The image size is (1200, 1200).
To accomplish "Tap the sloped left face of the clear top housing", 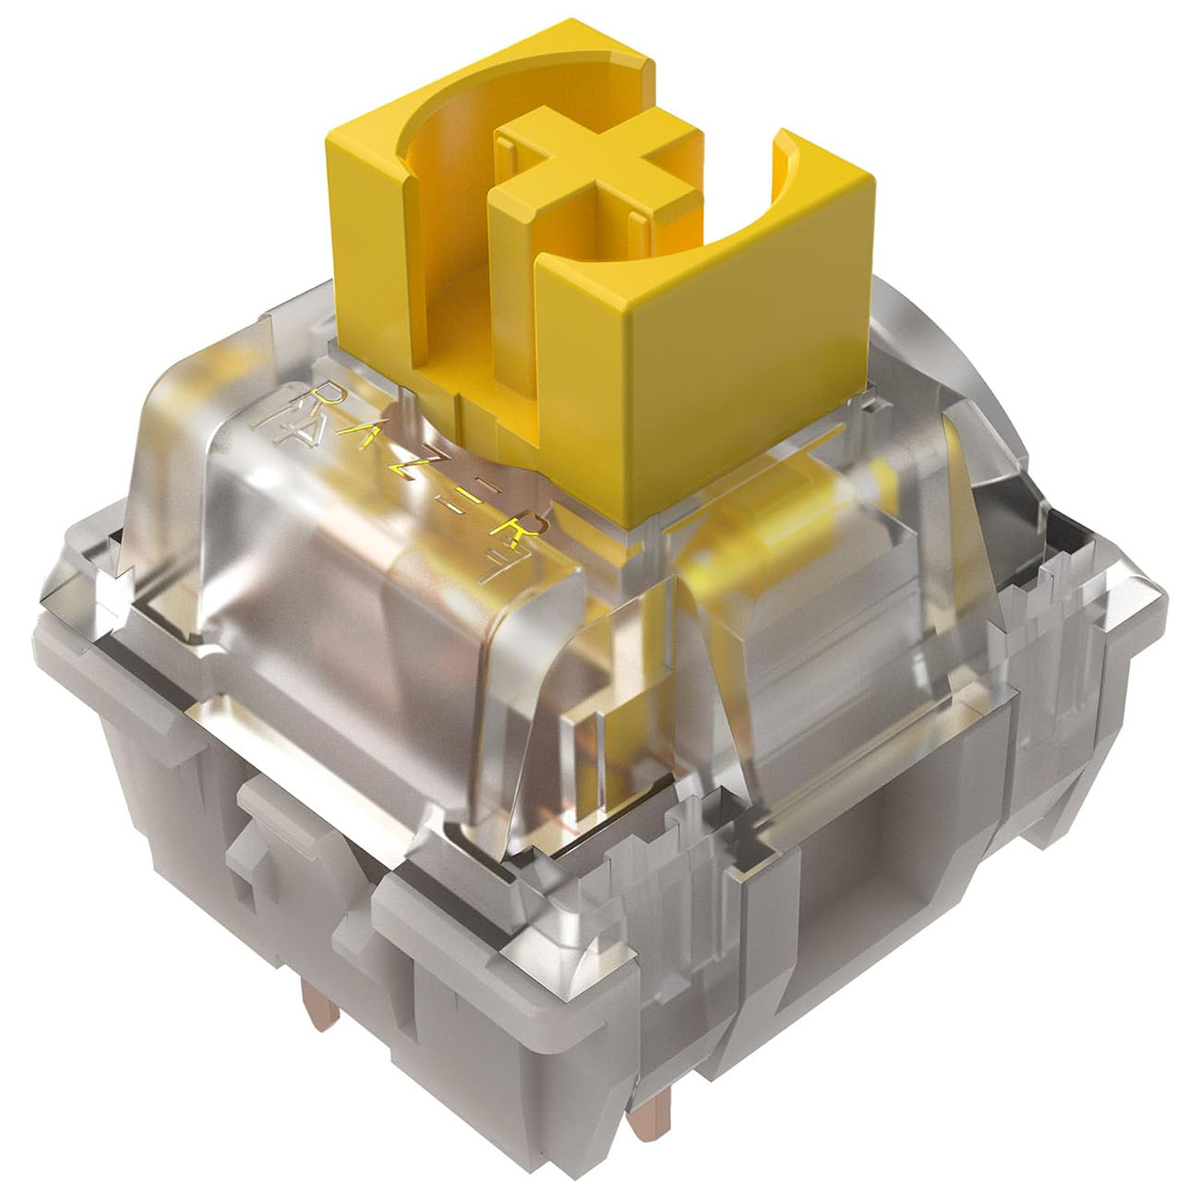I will click(x=249, y=517).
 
